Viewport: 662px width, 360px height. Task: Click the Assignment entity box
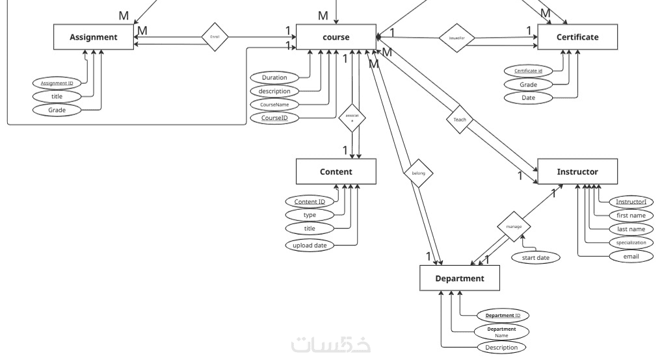pos(94,37)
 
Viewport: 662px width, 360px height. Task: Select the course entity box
pos(336,37)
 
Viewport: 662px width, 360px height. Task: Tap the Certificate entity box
pos(577,37)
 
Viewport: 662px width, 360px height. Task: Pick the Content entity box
pos(336,172)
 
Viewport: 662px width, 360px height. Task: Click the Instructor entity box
pos(577,172)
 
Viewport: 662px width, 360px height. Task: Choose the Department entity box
pos(460,278)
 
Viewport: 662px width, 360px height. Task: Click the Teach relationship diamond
pos(460,120)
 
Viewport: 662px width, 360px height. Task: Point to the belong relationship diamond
pos(417,174)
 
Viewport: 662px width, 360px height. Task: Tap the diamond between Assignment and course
pos(215,37)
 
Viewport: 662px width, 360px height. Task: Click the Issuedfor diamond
pos(457,38)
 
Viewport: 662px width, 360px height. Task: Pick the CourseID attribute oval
pos(274,118)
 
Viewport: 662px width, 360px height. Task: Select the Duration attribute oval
pos(274,77)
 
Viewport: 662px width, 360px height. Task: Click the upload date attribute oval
pos(310,245)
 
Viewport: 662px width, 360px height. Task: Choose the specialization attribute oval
pos(631,242)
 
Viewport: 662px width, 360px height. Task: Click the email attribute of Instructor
pos(631,256)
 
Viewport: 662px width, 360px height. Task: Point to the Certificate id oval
pos(528,70)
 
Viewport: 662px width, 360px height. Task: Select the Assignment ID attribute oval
pos(57,83)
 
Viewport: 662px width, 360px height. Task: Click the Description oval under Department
pos(501,347)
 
